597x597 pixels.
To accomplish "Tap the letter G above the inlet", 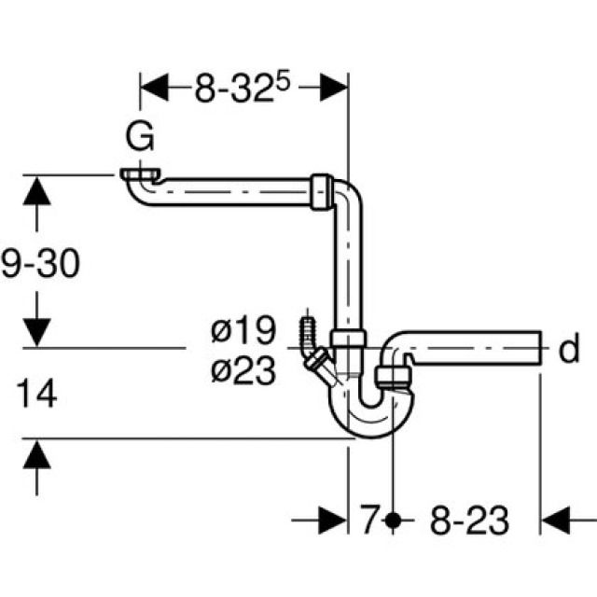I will coord(140,140).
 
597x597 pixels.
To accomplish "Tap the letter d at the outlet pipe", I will coord(569,351).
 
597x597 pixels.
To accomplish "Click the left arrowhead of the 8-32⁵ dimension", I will coord(155,89).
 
